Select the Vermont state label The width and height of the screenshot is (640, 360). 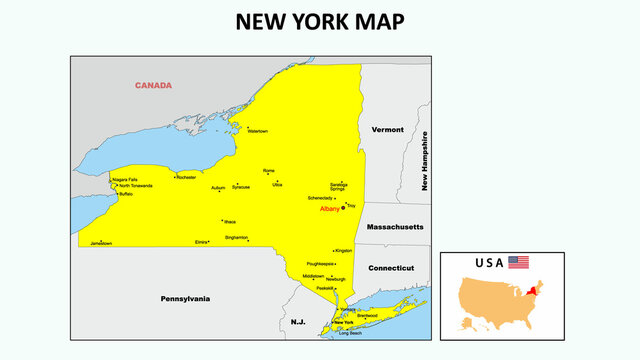click(x=387, y=130)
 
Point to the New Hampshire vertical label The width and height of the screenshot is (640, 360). click(x=425, y=161)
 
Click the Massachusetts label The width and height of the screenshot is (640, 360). click(x=394, y=227)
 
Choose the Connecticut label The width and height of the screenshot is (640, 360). click(x=391, y=268)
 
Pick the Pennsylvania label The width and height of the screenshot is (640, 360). click(x=186, y=298)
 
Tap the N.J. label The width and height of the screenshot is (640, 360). click(x=298, y=322)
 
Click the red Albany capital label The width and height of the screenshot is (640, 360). click(x=330, y=209)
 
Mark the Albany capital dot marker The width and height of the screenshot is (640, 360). click(x=343, y=208)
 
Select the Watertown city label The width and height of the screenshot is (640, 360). click(x=257, y=131)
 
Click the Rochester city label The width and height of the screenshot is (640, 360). click(x=186, y=177)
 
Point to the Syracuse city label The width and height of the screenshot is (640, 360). click(x=241, y=187)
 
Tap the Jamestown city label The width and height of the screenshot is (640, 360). click(x=101, y=243)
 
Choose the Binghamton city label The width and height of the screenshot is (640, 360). click(x=237, y=238)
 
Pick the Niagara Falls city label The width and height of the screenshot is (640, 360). click(x=125, y=179)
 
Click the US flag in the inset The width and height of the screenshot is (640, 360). click(x=518, y=262)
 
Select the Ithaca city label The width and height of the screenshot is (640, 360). click(x=230, y=221)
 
